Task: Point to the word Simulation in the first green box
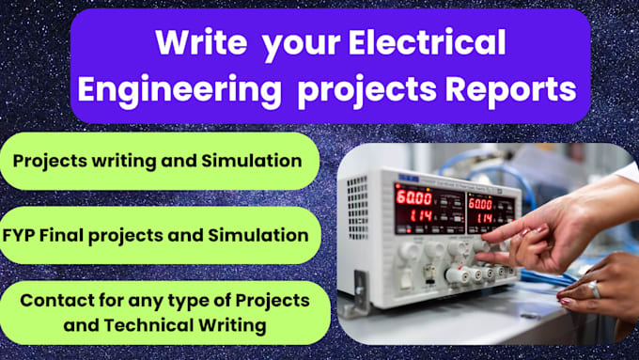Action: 253,161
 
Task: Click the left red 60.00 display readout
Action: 413,198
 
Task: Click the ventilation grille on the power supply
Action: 356,203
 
